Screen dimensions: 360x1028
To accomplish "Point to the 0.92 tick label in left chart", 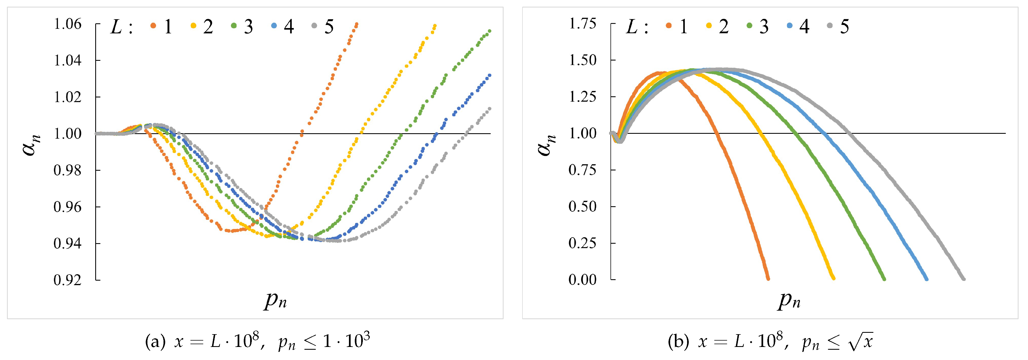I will [67, 280].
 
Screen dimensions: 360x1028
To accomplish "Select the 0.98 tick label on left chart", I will [67, 170].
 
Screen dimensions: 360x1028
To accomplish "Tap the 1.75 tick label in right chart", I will [583, 24].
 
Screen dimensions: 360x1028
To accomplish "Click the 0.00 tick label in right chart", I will [583, 280].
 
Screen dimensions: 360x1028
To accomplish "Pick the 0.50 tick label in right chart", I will [583, 206].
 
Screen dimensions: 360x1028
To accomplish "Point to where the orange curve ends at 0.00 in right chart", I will [768, 279].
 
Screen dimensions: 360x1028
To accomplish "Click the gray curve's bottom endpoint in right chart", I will [963, 279].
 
